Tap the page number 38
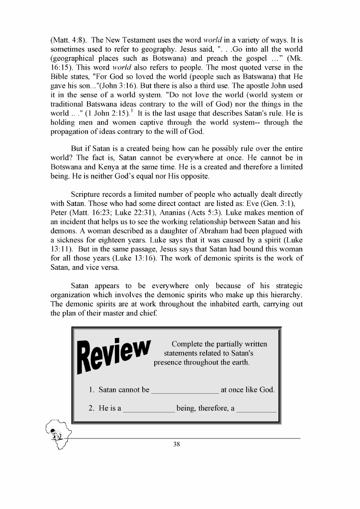click(x=176, y=445)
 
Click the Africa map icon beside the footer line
click(x=57, y=432)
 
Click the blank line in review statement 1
click(x=185, y=390)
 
